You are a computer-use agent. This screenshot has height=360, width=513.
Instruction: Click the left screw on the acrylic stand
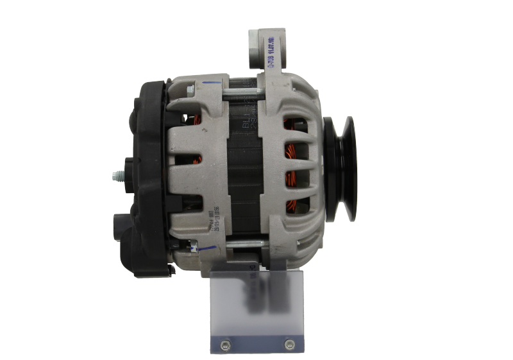[224, 345]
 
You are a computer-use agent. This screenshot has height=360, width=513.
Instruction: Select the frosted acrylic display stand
[256, 308]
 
